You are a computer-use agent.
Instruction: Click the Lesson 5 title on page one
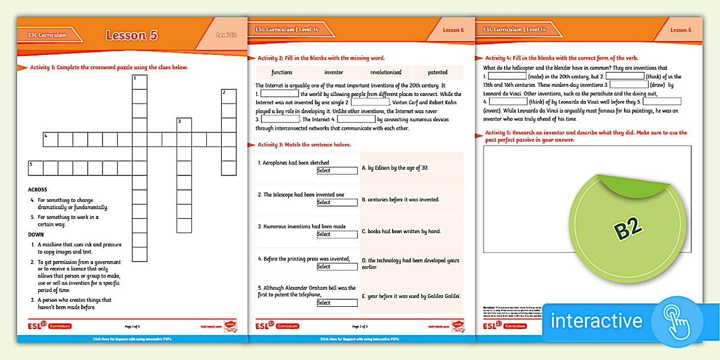(131, 35)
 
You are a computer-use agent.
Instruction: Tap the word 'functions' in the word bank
(282, 73)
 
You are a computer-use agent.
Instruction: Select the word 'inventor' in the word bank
(334, 73)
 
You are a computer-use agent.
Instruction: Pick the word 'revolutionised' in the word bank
(386, 73)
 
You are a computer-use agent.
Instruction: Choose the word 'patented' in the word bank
(438, 73)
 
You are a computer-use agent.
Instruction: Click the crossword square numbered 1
(139, 82)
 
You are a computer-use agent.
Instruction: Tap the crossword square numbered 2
(229, 96)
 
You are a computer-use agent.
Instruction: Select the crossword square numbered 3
(184, 125)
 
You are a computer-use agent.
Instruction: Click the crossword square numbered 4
(50, 139)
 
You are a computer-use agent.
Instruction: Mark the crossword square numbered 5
(35, 168)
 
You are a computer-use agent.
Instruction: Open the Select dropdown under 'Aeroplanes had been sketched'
(337, 170)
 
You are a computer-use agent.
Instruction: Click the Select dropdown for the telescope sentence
(337, 202)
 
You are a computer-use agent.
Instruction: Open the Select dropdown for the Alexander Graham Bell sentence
(337, 303)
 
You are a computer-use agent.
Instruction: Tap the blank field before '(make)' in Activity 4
(506, 76)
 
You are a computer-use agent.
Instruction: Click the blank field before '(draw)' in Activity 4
(629, 85)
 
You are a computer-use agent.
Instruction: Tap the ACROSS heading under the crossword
(38, 190)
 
